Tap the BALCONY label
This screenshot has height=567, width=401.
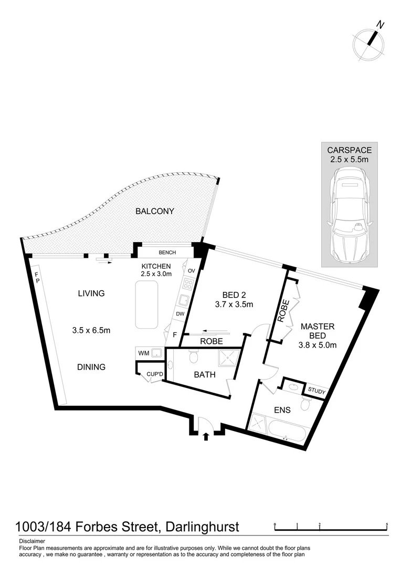(155, 212)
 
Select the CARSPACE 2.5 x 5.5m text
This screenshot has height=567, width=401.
(350, 154)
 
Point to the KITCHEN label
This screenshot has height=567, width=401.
(156, 266)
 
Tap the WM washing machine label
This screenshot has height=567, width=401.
(143, 353)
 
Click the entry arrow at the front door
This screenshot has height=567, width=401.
(205, 436)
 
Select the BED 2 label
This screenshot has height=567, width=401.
(234, 295)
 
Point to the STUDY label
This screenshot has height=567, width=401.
(317, 391)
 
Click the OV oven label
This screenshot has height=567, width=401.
(192, 270)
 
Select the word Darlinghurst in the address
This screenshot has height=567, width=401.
(203, 527)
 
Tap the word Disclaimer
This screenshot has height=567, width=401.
(32, 541)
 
